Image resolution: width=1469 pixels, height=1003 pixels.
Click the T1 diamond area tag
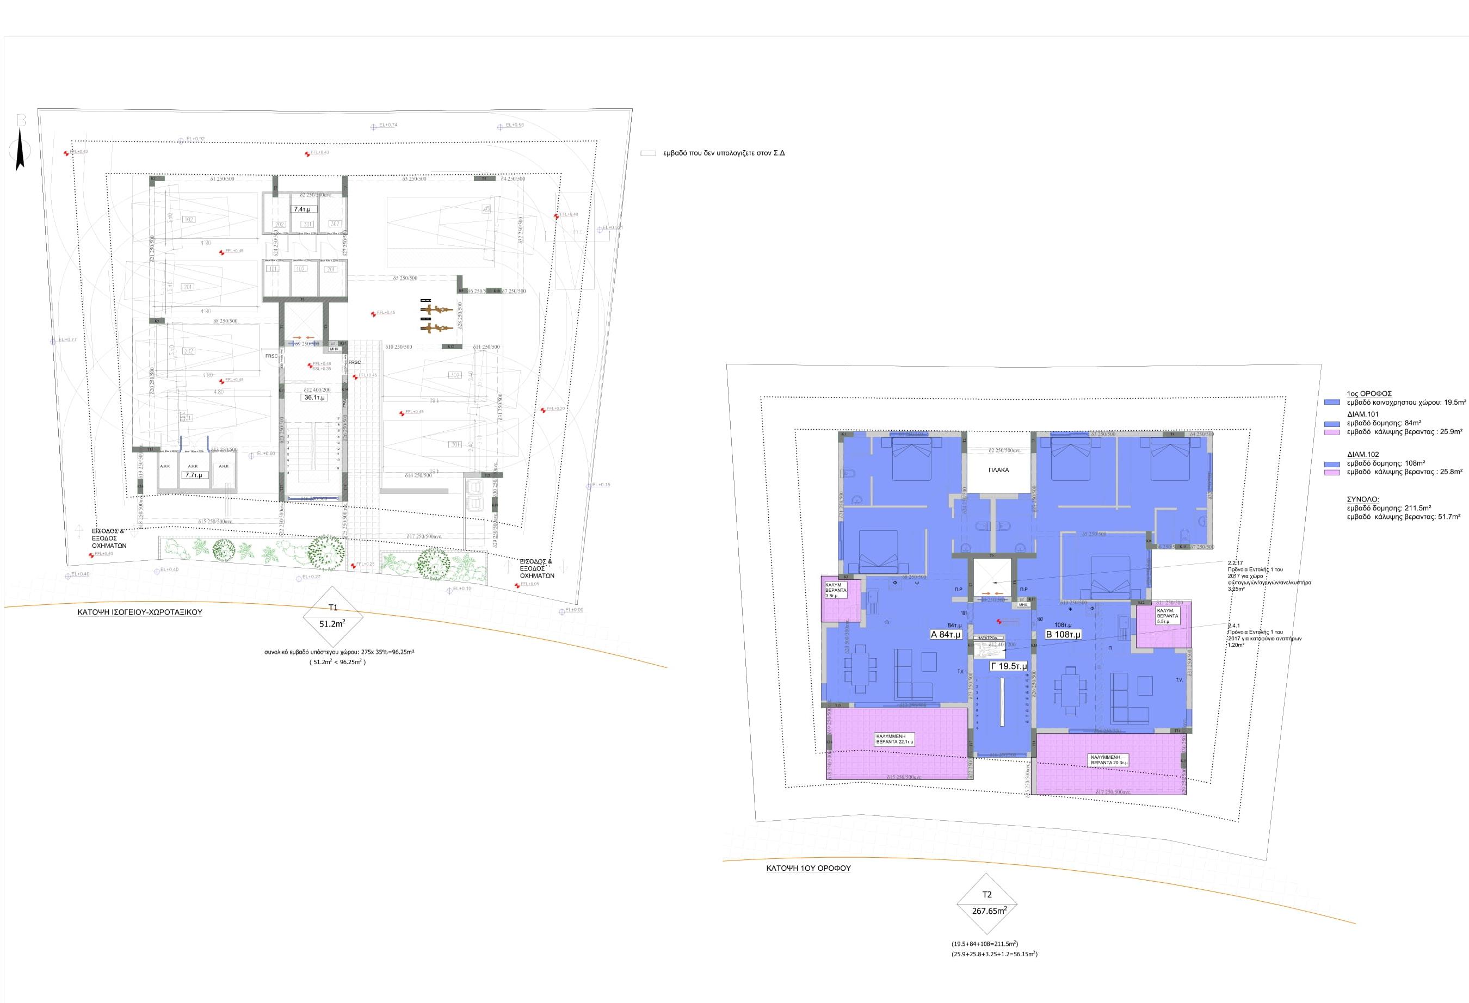(x=333, y=616)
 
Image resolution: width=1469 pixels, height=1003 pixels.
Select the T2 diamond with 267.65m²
(x=987, y=904)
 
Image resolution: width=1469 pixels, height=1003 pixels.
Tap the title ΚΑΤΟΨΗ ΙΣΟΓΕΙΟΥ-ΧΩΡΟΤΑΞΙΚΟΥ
(x=140, y=612)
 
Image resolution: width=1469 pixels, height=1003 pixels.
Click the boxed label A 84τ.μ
(x=946, y=635)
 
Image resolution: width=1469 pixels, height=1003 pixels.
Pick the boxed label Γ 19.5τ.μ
(x=1008, y=666)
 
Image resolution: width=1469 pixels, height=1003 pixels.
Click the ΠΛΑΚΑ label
(x=999, y=470)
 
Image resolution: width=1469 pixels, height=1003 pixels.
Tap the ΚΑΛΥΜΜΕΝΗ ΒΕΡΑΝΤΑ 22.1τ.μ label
(x=894, y=739)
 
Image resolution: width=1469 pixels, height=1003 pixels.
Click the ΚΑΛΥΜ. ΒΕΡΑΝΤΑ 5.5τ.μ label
(x=1167, y=616)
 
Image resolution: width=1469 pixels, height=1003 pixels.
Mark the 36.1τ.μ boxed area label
(x=314, y=398)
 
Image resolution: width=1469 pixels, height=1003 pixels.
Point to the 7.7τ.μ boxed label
(x=194, y=475)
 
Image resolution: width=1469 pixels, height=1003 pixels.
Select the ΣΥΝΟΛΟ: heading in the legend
(x=1363, y=499)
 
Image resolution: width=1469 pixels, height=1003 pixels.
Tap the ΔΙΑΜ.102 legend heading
(x=1363, y=454)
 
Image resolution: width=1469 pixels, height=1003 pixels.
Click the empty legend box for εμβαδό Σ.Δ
(x=648, y=153)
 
